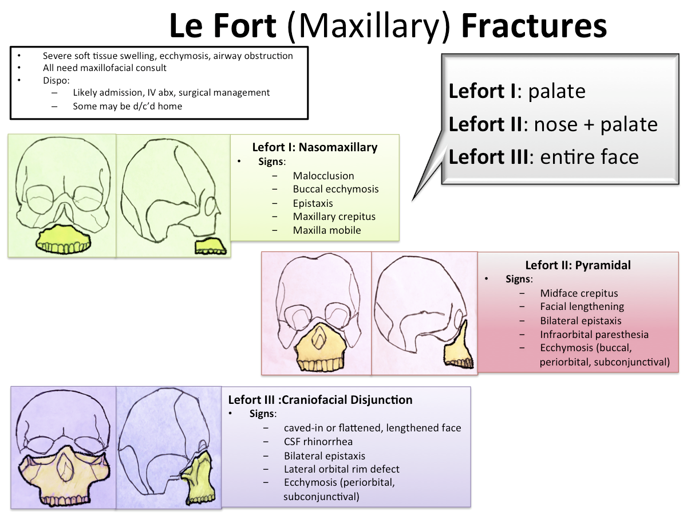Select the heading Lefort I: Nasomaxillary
click(x=314, y=147)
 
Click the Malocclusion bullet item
click(x=323, y=176)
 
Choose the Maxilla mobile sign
click(x=326, y=230)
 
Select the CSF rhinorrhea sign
click(x=318, y=442)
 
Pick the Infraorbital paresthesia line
click(x=594, y=335)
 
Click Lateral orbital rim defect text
click(x=341, y=469)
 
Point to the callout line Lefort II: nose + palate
click(x=552, y=124)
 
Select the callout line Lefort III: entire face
click(x=543, y=157)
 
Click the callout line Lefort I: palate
click(x=516, y=92)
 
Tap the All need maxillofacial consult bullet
click(x=104, y=68)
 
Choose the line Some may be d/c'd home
click(x=127, y=106)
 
